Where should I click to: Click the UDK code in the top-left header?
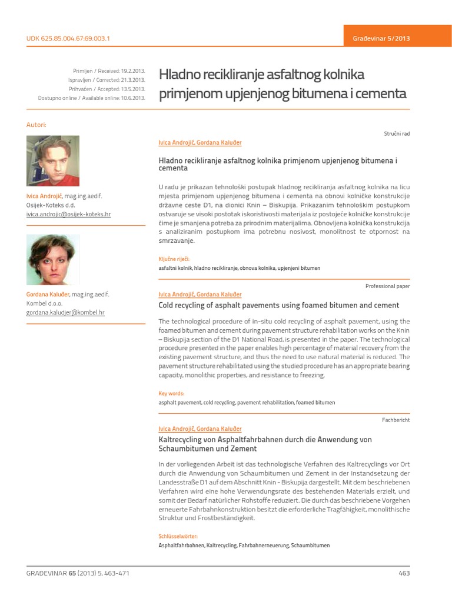click(68, 38)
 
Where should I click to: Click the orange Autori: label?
click(36, 125)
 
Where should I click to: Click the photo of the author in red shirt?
click(53, 161)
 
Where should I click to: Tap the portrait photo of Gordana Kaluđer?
click(53, 260)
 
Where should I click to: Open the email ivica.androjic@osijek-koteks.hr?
click(68, 215)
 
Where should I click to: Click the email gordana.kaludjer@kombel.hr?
click(65, 313)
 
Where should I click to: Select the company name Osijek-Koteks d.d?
click(51, 205)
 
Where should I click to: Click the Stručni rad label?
click(397, 134)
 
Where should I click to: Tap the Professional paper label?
click(387, 286)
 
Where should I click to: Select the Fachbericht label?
click(396, 420)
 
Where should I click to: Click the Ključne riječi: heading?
click(174, 259)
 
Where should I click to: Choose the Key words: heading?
click(171, 393)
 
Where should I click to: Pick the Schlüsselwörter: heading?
click(178, 537)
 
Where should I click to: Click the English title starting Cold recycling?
click(279, 306)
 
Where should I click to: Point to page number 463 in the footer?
click(404, 573)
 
